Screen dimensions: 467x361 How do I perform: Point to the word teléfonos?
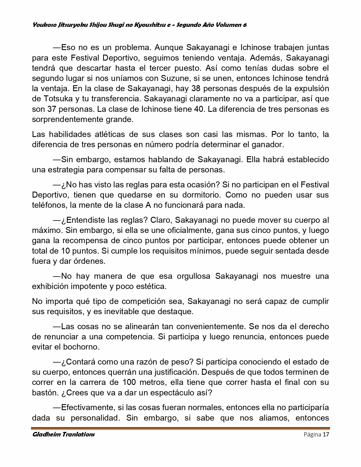(x=49, y=205)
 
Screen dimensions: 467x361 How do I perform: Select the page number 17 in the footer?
(x=326, y=434)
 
